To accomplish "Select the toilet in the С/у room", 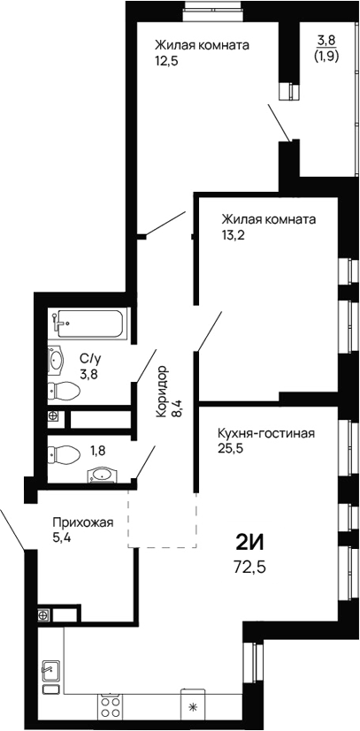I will click(62, 390).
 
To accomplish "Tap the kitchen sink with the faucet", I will click(50, 676).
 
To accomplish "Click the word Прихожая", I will click(83, 522).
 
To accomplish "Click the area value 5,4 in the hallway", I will click(61, 538).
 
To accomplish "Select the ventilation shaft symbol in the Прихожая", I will click(42, 615).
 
